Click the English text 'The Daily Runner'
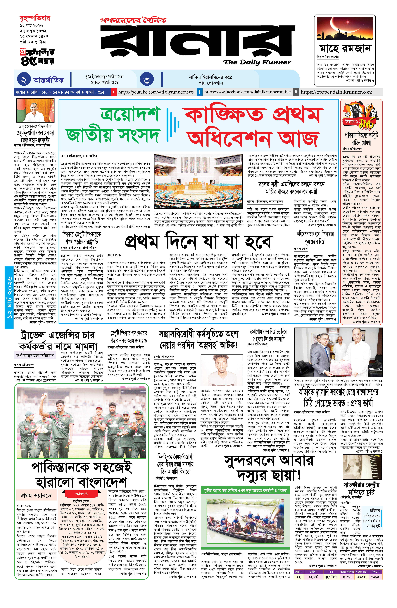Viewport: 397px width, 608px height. [257, 62]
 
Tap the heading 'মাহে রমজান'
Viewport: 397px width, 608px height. [345, 49]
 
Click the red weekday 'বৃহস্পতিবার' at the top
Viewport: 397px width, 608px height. [35, 18]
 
